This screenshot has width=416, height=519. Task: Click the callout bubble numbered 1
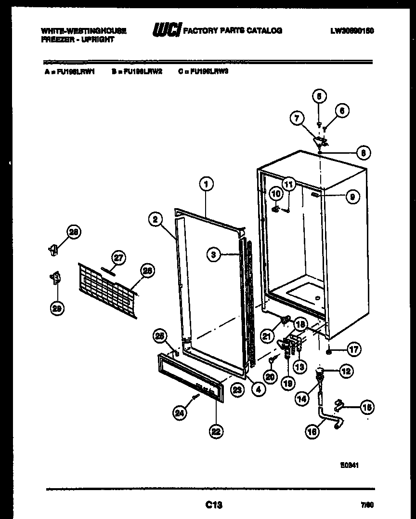(x=206, y=184)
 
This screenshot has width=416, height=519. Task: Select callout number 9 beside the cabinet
(x=352, y=197)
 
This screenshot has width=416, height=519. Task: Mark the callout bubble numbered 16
(x=312, y=431)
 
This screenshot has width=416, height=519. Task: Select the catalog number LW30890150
(x=352, y=31)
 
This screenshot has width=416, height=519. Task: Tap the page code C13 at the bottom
(x=214, y=505)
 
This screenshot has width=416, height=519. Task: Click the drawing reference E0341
(x=351, y=466)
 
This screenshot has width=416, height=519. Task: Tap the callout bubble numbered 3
(x=214, y=255)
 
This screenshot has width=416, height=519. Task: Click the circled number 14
(x=301, y=399)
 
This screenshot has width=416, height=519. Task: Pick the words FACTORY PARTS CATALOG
(x=233, y=31)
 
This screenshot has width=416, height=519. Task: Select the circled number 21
(x=268, y=335)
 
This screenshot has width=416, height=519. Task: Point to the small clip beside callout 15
(x=341, y=405)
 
